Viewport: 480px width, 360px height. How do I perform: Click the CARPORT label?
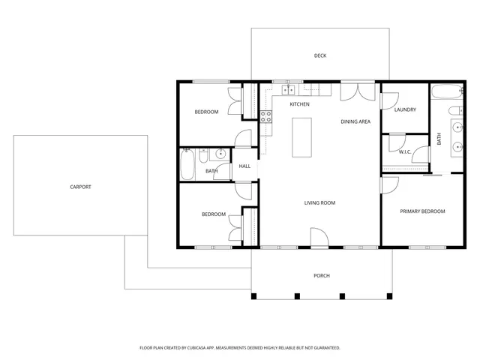(80, 187)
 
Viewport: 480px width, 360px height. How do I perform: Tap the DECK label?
(320, 56)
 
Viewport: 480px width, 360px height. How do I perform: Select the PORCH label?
(321, 275)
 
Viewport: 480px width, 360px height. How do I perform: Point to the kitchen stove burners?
(265, 116)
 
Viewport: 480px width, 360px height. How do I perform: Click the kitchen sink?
(288, 91)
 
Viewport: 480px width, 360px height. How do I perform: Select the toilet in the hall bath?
(205, 154)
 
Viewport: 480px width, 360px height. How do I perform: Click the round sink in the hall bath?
(220, 155)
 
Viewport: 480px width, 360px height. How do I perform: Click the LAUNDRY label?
(405, 110)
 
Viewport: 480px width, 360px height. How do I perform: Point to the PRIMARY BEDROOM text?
(421, 211)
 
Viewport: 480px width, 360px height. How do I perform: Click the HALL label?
(244, 166)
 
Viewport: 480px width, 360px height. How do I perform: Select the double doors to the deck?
(355, 91)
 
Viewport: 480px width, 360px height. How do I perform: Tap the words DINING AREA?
(355, 121)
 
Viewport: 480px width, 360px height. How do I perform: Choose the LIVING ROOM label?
(319, 202)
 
